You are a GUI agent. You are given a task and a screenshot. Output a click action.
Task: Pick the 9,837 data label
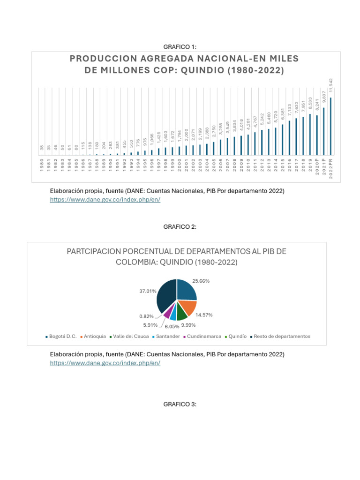pos(323,98)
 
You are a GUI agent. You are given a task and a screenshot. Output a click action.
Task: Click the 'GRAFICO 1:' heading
pos(180,46)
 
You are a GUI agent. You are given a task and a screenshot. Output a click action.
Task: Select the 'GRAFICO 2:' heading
pos(180,227)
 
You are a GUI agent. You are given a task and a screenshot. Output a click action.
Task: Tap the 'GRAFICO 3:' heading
pos(180,404)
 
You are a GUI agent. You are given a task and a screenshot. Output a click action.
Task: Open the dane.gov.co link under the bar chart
pos(105,199)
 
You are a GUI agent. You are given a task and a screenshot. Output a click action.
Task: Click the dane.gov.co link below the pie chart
pos(105,363)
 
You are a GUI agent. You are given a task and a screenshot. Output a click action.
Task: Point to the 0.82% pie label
pos(146,316)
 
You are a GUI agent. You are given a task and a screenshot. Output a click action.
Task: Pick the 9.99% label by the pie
pos(188,325)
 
